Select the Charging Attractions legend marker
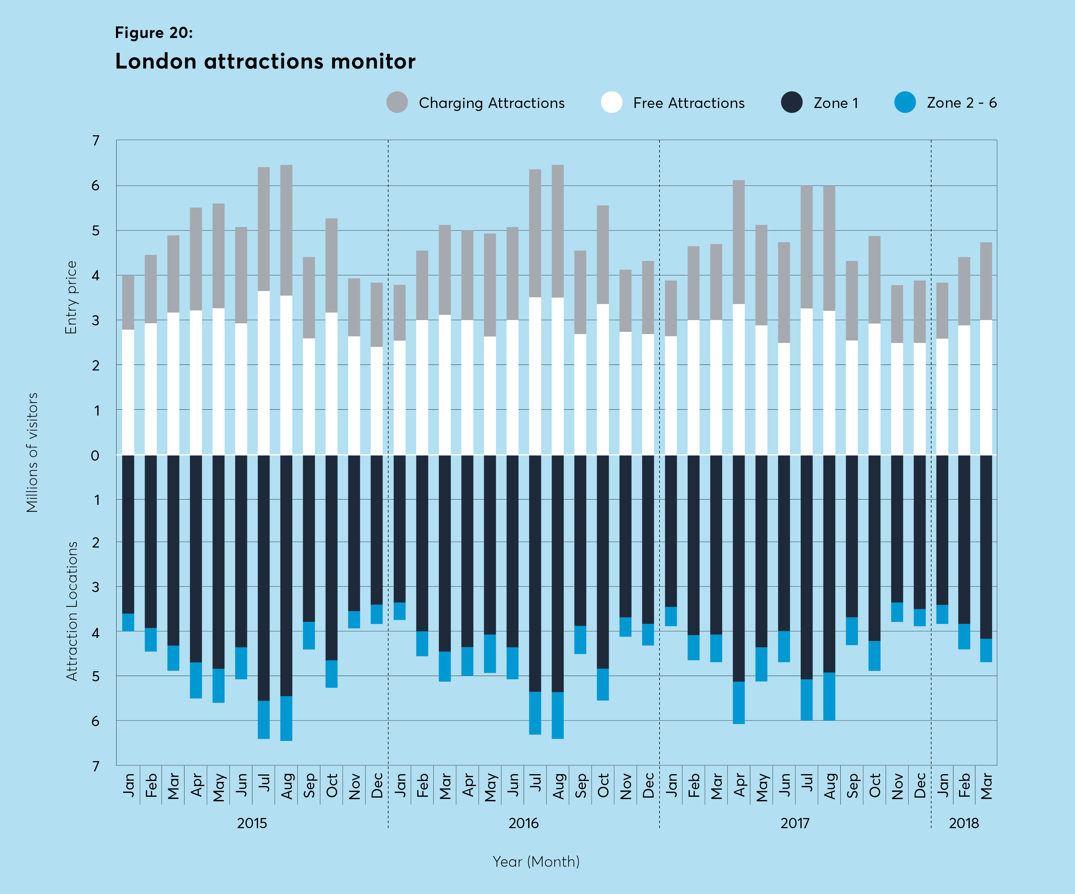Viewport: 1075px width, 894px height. tap(397, 102)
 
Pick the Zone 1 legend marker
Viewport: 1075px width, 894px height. tap(791, 102)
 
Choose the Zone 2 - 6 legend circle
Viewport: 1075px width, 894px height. tap(905, 102)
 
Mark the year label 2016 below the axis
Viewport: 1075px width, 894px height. tap(523, 823)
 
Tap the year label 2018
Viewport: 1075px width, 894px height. tap(963, 823)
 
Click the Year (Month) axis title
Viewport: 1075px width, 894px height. tap(536, 862)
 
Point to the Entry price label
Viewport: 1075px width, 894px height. tap(71, 298)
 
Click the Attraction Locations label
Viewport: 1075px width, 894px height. tap(72, 611)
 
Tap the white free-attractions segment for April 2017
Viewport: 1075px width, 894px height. tap(739, 379)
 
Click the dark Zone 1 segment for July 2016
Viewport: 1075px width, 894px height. tap(535, 573)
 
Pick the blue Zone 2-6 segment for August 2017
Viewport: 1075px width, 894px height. tap(829, 696)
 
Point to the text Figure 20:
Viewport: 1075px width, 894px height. tap(154, 33)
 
